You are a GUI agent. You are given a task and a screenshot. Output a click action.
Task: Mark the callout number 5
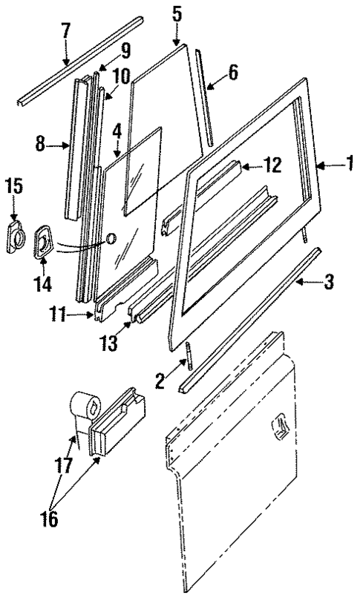coord(176,13)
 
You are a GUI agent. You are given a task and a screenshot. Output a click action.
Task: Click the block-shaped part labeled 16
coord(119,423)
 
